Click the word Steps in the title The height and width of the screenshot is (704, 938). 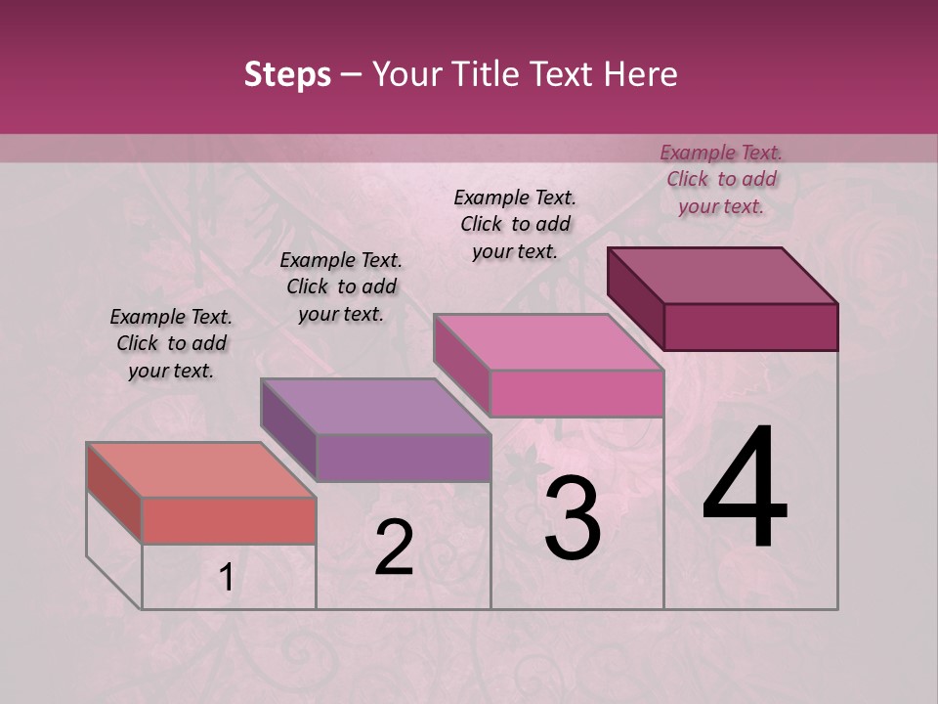click(287, 74)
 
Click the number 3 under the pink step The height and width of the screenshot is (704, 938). click(573, 518)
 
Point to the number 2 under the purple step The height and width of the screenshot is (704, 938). click(395, 547)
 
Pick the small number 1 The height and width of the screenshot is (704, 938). click(226, 578)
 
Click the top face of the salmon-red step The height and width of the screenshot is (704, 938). click(201, 469)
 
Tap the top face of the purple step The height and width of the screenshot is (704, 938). click(375, 406)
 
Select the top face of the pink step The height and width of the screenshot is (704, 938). click(548, 341)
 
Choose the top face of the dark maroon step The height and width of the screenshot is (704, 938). click(722, 275)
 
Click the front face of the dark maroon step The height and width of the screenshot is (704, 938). click(750, 327)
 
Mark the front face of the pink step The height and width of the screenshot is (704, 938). click(576, 393)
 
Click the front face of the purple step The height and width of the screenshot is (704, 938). click(404, 458)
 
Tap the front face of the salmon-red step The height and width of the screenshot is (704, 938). click(229, 520)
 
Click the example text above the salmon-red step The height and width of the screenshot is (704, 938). click(171, 343)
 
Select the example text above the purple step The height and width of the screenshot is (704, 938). click(341, 286)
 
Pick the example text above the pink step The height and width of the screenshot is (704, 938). click(515, 224)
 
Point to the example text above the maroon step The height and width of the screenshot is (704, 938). click(721, 179)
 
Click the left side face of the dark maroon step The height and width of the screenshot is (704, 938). click(635, 297)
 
